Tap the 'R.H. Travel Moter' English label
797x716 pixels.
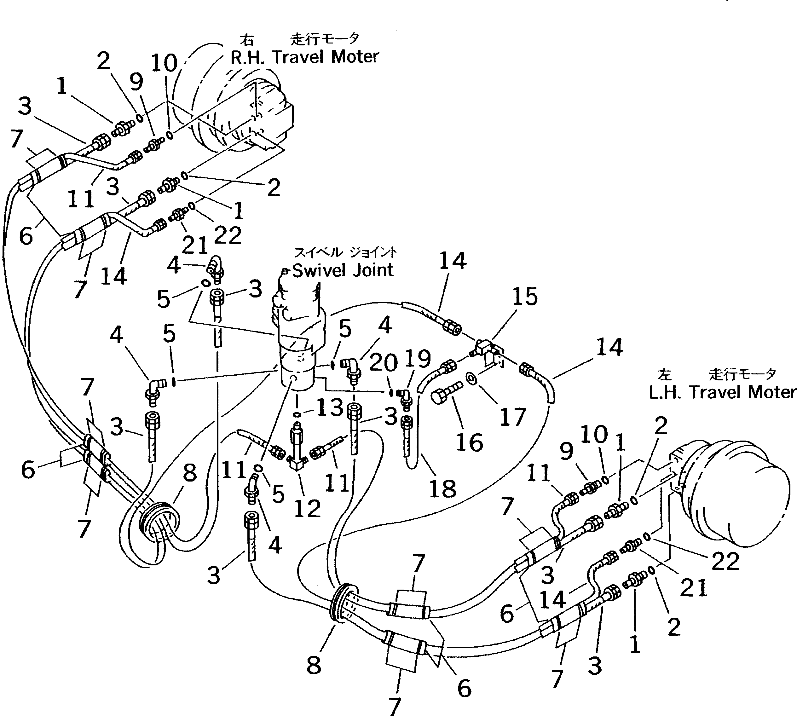tap(304, 57)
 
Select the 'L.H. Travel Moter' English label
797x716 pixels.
tap(722, 392)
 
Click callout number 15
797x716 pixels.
tap(525, 297)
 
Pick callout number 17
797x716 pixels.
tap(512, 417)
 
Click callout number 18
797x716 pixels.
tap(443, 489)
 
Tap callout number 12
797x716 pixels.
tap(307, 509)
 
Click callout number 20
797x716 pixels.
tap(384, 362)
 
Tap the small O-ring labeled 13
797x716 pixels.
tap(298, 414)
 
